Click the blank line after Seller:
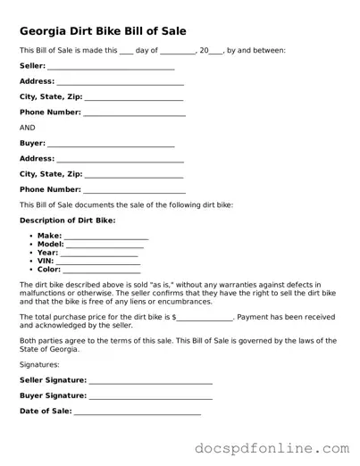pos(110,68)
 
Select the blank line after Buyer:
pos(110,145)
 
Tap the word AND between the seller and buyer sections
pos(27,128)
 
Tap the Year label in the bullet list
pos(47,253)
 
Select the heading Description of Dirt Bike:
pos(67,220)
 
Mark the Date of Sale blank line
pos(137,412)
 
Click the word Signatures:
pos(40,364)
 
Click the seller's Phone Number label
pos(50,112)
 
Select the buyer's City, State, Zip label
pos(50,174)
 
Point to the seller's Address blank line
pos(121,83)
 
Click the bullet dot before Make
pos(30,236)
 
